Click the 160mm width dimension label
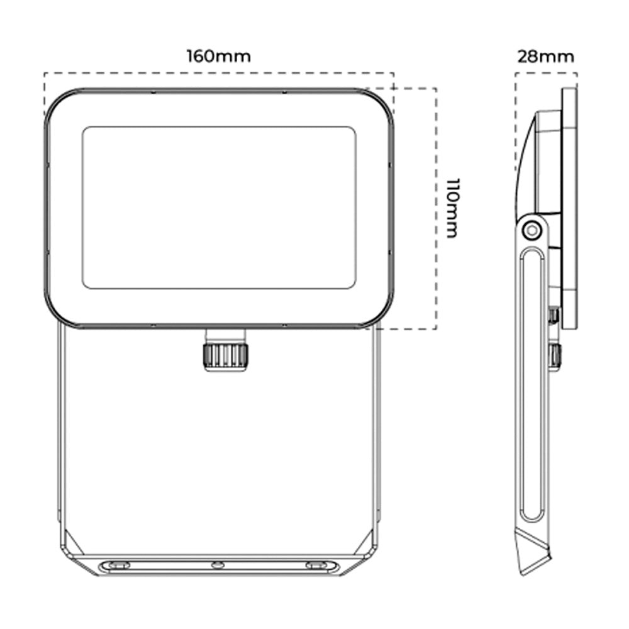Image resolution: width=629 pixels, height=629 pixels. click(219, 56)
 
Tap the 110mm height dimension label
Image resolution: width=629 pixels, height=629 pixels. click(453, 208)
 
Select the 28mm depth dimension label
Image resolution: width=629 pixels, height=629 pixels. click(545, 57)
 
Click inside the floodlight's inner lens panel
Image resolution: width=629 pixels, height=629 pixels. click(219, 208)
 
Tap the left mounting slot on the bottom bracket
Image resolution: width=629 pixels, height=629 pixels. click(117, 565)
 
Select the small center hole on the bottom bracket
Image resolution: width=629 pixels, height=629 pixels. click(218, 565)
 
